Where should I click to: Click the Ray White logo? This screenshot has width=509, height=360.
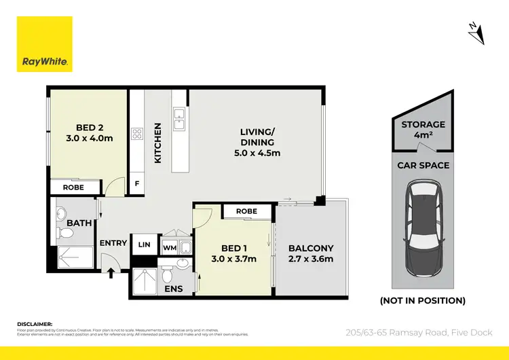click(x=45, y=44)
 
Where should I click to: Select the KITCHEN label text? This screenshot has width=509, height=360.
click(x=158, y=143)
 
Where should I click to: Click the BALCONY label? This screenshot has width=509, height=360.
click(x=311, y=253)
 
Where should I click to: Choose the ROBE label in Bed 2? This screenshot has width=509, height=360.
click(x=73, y=187)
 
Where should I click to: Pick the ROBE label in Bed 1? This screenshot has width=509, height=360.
click(x=246, y=211)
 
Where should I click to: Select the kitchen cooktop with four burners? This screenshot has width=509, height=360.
click(x=136, y=134)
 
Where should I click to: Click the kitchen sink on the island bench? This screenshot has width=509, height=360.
click(x=179, y=119)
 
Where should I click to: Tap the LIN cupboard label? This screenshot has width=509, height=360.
click(x=145, y=245)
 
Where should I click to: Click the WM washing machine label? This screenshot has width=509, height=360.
click(x=169, y=248)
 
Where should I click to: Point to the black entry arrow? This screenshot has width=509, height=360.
click(x=111, y=273)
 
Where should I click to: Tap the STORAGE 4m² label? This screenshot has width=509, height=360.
click(x=423, y=129)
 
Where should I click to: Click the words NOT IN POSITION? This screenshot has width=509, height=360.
click(x=422, y=300)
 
